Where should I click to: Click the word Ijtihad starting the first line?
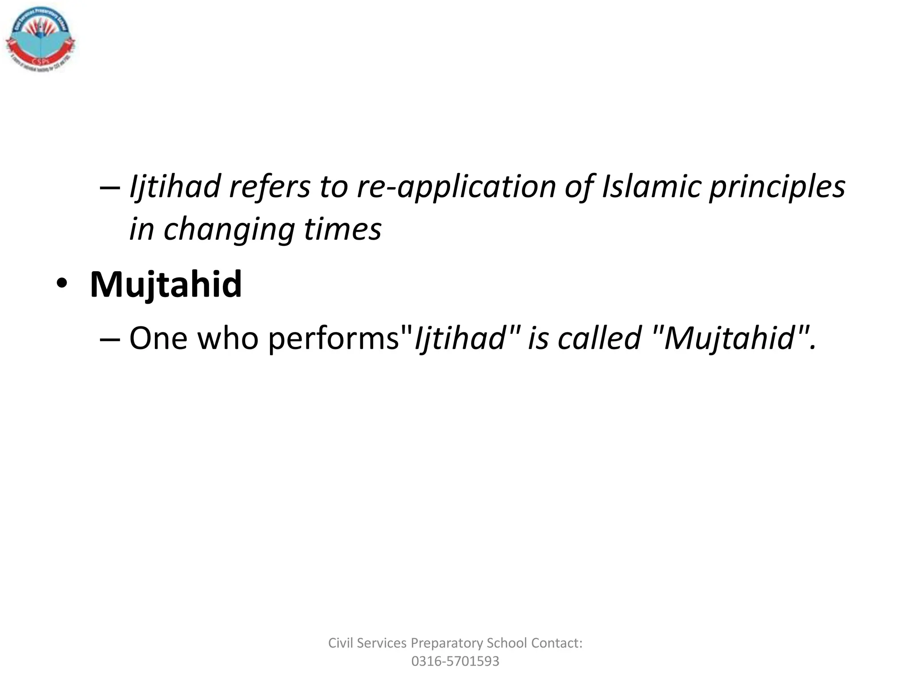[x=175, y=187]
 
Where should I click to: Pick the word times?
[x=343, y=229]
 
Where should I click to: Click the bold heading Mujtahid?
[x=166, y=284]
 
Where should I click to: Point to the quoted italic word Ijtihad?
[x=460, y=338]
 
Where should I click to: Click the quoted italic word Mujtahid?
[x=730, y=338]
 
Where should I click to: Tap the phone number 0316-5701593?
[x=455, y=661]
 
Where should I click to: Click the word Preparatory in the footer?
[x=447, y=643]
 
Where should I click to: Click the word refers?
[x=270, y=187]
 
